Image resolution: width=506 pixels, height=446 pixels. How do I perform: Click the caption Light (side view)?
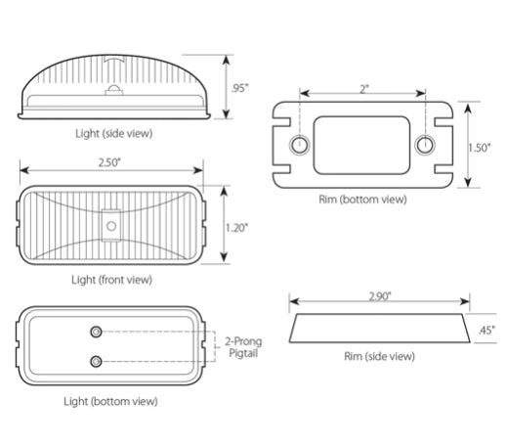point(113,132)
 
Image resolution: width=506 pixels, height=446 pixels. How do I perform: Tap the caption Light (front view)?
point(112,280)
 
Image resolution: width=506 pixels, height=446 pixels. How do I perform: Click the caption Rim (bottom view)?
point(363,200)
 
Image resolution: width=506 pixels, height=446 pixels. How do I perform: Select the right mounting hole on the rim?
point(424,147)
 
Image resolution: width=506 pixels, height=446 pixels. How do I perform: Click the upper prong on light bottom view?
point(96,329)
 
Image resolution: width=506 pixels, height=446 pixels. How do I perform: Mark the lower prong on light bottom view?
point(96,361)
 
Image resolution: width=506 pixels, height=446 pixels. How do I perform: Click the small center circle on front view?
point(111,226)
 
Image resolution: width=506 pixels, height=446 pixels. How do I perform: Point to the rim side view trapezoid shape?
point(380,329)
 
